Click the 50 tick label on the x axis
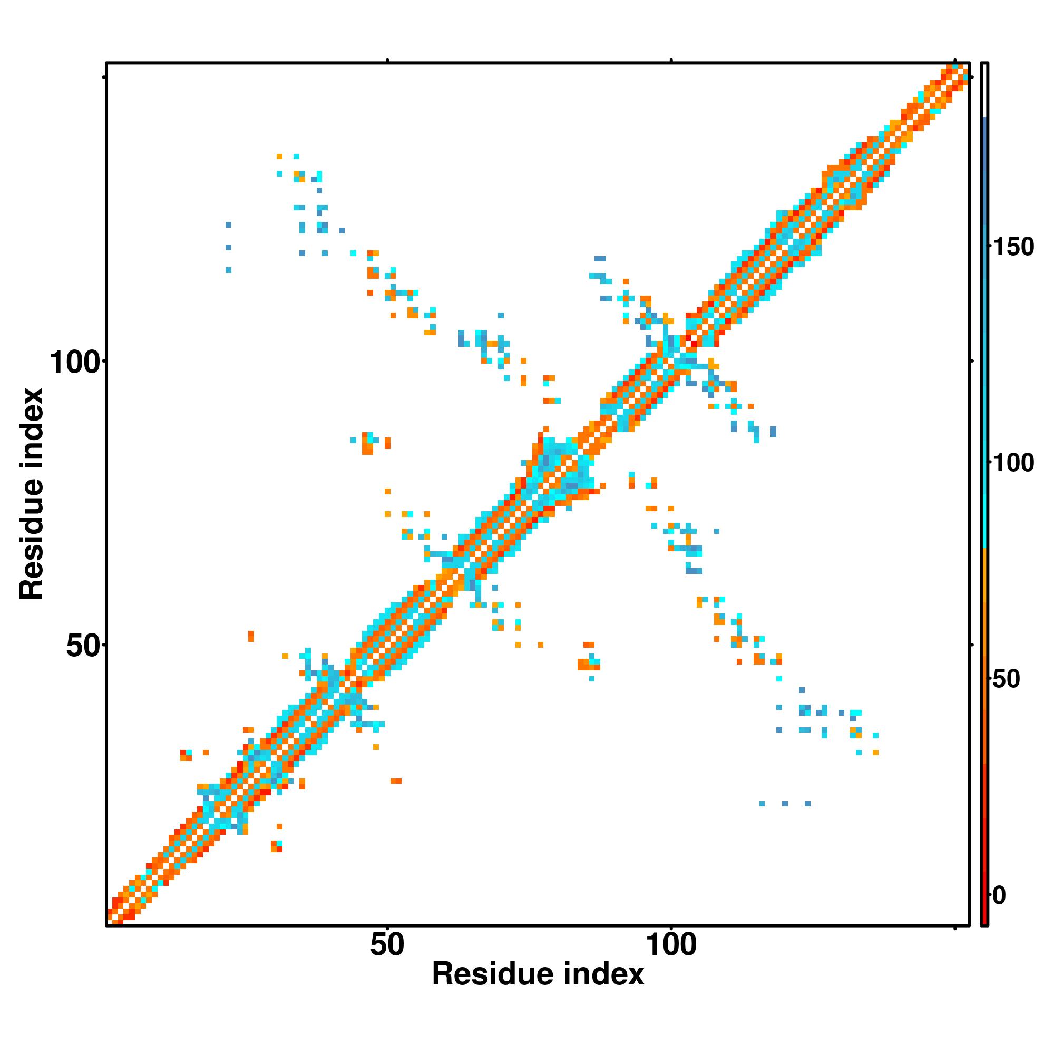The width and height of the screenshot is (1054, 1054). point(387,945)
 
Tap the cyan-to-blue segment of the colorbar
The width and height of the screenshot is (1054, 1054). point(985,327)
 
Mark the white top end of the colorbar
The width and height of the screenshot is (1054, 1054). point(985,90)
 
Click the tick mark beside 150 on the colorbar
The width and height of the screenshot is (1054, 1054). point(990,247)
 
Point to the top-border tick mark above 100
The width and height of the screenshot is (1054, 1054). point(671,60)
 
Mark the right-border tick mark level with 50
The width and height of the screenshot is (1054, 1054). point(972,645)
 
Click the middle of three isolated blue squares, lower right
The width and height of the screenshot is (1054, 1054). point(785,804)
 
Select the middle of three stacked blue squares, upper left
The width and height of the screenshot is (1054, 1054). point(228,247)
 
